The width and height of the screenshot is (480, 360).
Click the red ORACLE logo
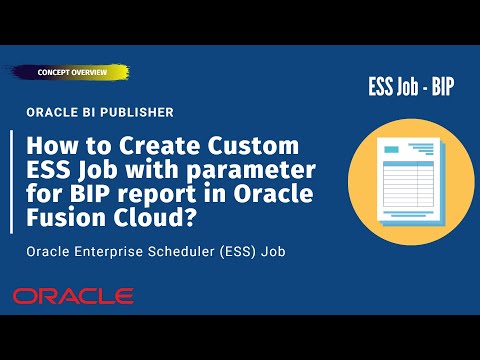coord(73,296)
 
